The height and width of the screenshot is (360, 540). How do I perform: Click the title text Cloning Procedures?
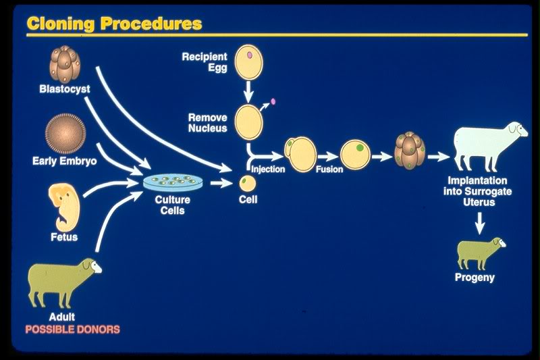click(x=114, y=23)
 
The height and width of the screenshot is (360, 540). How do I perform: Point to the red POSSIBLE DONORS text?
click(x=72, y=330)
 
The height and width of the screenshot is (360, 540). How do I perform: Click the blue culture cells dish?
click(x=173, y=182)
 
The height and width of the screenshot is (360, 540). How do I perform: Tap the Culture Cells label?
click(x=173, y=205)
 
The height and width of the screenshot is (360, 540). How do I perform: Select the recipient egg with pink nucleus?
click(x=248, y=61)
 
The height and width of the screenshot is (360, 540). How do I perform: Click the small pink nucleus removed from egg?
click(x=273, y=103)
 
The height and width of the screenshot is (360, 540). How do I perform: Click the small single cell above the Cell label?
click(x=248, y=182)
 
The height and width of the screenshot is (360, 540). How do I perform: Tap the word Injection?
click(x=267, y=170)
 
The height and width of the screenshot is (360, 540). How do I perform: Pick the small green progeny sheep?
click(x=481, y=253)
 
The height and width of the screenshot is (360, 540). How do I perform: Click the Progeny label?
click(x=475, y=278)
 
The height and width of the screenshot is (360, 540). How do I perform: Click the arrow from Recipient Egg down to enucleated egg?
click(x=248, y=88)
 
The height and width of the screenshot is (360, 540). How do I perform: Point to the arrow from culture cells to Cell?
click(x=220, y=182)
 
